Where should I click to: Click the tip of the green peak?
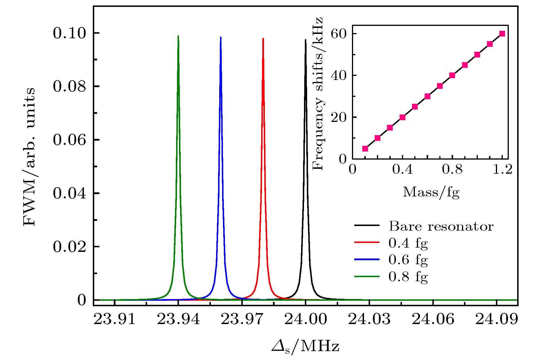(x=178, y=36)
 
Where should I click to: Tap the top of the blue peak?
(x=221, y=37)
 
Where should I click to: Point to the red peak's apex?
(x=263, y=39)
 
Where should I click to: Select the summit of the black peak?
(x=305, y=40)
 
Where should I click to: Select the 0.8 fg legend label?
(x=408, y=277)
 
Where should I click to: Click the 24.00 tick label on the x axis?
(x=305, y=319)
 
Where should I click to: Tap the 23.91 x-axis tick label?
(x=114, y=319)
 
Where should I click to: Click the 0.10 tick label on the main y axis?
(x=70, y=33)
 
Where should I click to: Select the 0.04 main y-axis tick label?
(x=70, y=193)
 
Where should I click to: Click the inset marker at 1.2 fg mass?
(x=502, y=34)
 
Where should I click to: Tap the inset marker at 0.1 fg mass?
(x=365, y=149)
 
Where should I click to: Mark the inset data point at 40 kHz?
(x=452, y=75)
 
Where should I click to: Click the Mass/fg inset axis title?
(x=431, y=192)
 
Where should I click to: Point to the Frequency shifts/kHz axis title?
(x=318, y=93)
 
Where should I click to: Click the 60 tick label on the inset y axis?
(x=339, y=34)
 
